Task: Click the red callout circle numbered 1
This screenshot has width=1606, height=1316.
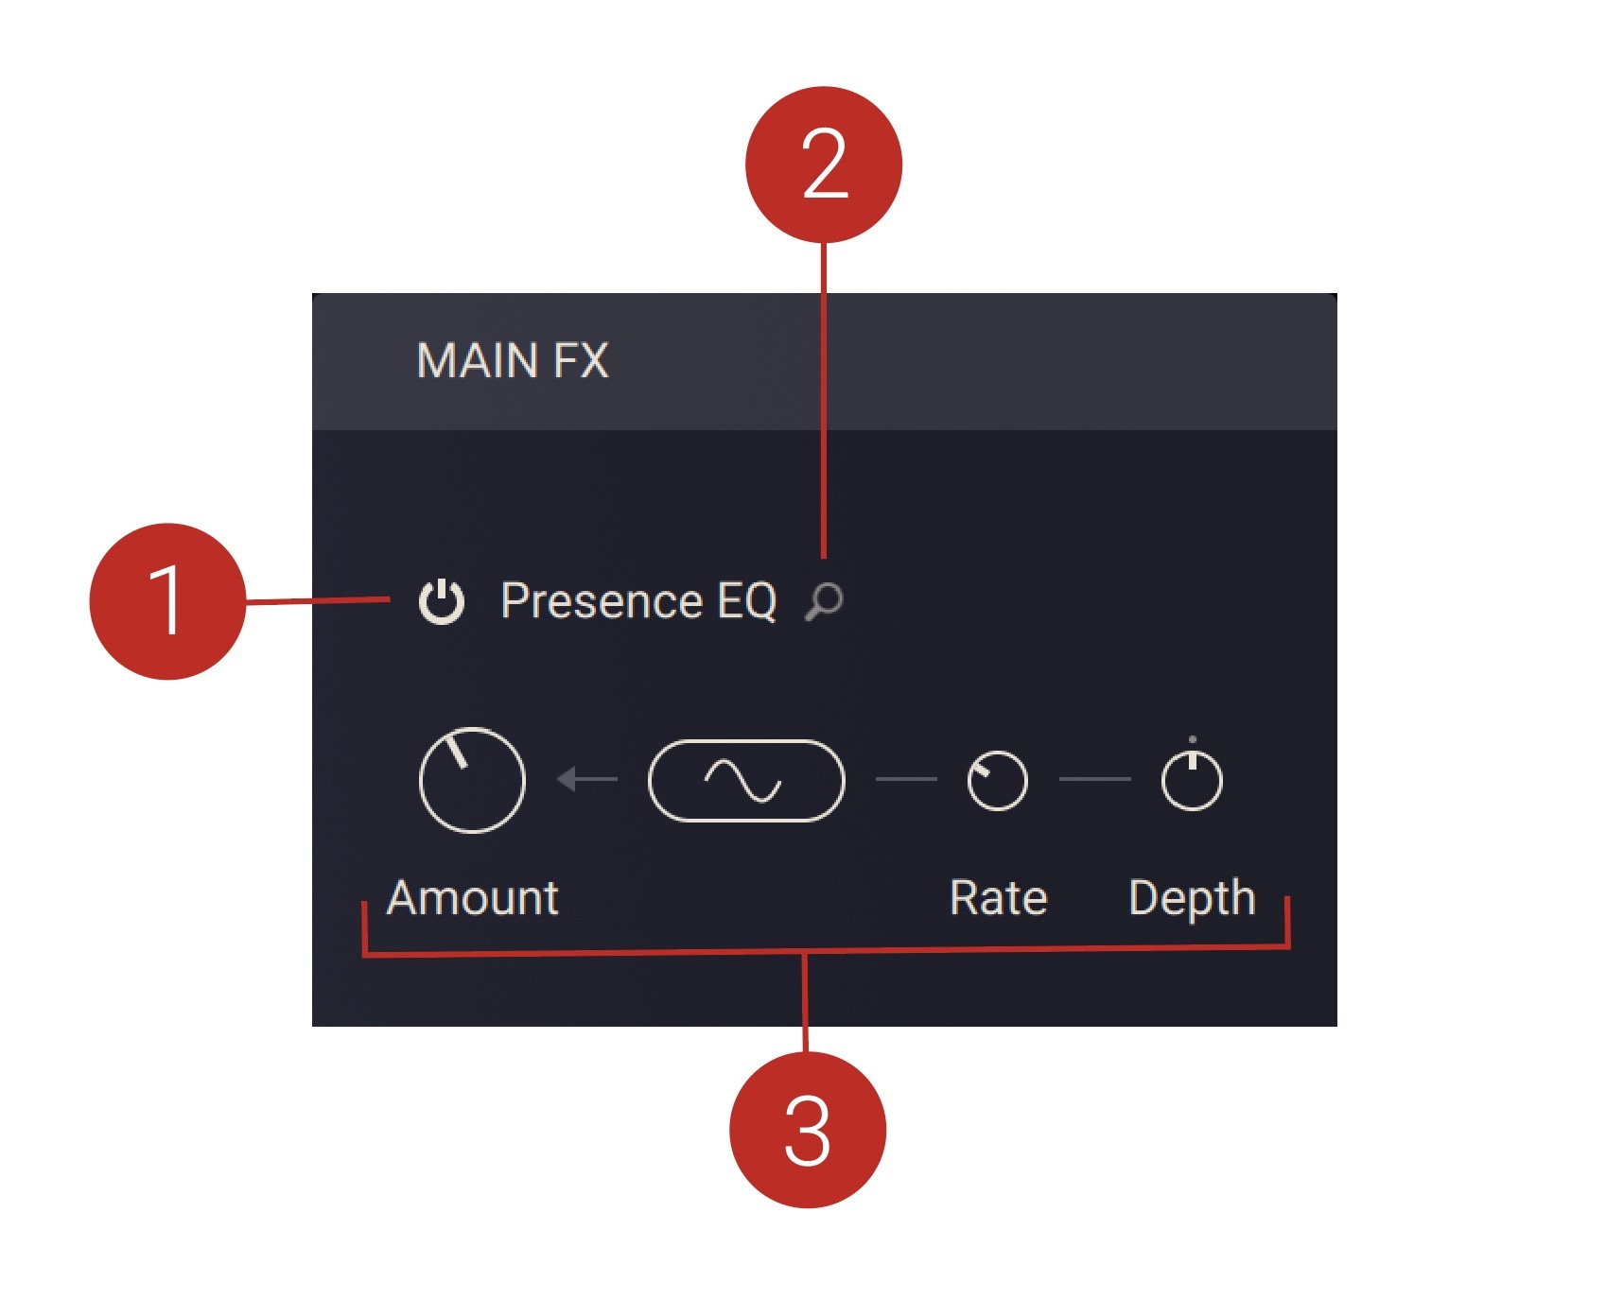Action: pos(167,601)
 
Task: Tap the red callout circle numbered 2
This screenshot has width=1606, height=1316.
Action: pos(824,164)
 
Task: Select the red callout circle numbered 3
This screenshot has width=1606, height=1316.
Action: pos(808,1130)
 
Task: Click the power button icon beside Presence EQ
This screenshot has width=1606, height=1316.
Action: pos(442,601)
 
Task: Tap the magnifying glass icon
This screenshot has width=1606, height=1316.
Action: pos(824,601)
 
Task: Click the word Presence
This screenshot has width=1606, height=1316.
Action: pos(602,601)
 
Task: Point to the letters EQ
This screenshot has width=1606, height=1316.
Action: pos(747,601)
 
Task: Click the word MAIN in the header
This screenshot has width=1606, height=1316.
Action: pos(478,361)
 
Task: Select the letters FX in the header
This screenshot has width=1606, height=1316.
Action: pos(581,361)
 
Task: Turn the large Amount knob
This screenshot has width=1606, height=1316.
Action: pos(472,780)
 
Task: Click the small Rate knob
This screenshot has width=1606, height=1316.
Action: pos(998,781)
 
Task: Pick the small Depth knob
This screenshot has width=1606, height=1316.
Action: pos(1192,781)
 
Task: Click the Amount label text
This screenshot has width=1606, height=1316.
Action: pos(473,898)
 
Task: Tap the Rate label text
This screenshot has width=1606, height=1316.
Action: pos(999,898)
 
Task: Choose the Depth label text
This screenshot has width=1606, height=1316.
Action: pos(1192,898)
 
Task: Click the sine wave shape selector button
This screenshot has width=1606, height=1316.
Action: pos(746,781)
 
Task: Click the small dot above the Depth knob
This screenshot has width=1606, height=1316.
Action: pos(1192,739)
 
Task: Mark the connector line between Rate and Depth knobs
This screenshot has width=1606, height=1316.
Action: pos(1095,779)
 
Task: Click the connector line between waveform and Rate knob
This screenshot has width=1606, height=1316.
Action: pos(906,779)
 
